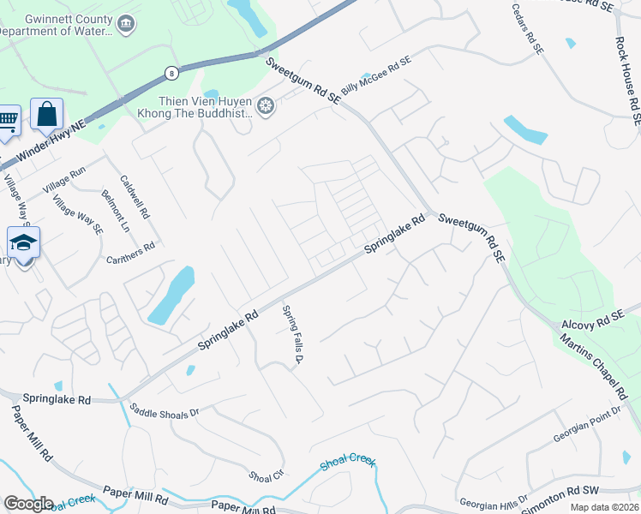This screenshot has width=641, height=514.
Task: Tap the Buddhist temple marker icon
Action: [x=266, y=106]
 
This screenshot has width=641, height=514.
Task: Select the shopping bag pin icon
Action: [x=46, y=115]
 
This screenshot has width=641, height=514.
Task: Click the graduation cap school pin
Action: [x=24, y=242]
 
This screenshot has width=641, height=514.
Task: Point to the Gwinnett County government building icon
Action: [x=126, y=22]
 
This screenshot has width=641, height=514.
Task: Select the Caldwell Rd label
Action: [x=135, y=195]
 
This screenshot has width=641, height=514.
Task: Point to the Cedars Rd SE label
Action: [x=528, y=30]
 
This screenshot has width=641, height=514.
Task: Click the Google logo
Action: [x=28, y=504]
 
